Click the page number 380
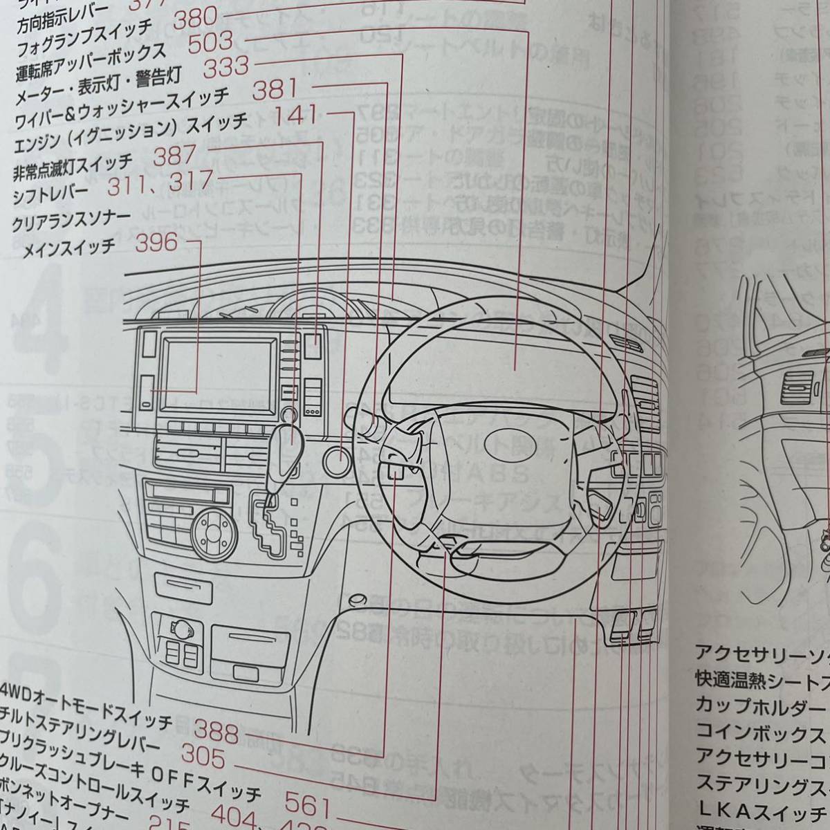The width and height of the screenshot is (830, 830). click(195, 19)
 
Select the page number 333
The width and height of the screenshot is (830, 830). click(225, 68)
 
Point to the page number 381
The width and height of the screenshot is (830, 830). click(275, 90)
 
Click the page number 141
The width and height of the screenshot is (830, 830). click(297, 115)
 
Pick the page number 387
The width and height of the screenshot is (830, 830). click(175, 157)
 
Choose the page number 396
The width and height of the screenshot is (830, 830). click(158, 243)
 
